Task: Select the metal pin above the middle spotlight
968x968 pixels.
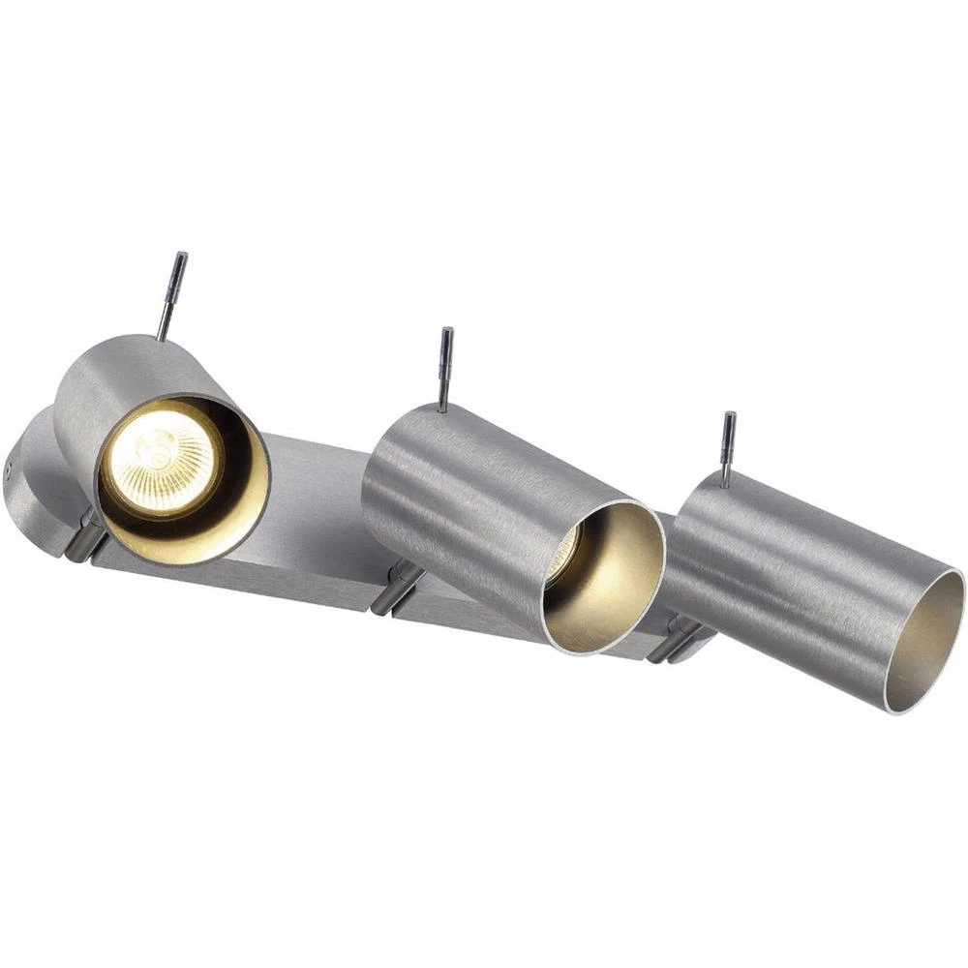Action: pos(444,369)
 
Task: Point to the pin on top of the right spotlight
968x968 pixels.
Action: pos(726,448)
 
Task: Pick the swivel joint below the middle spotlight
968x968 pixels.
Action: pos(397,587)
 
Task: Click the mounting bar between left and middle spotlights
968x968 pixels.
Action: pos(310,513)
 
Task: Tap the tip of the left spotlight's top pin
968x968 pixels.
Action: pos(181,256)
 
